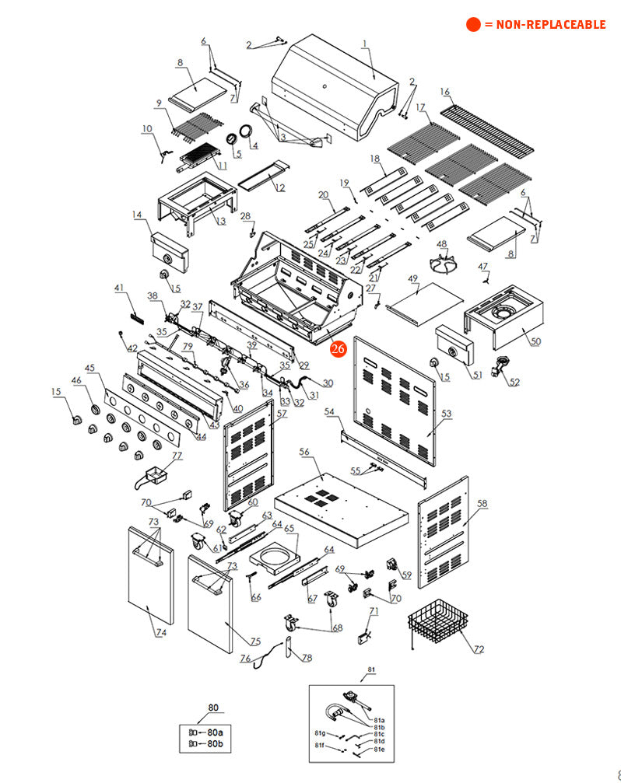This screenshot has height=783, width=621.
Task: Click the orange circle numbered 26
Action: pyautogui.click(x=338, y=349)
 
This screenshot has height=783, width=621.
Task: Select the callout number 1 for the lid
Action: pyautogui.click(x=364, y=44)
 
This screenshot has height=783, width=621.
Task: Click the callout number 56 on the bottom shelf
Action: pyautogui.click(x=304, y=452)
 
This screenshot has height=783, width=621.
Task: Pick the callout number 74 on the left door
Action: pyautogui.click(x=160, y=633)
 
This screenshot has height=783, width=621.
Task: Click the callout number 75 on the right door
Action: pyautogui.click(x=255, y=641)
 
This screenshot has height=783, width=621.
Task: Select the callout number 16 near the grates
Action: pyautogui.click(x=445, y=92)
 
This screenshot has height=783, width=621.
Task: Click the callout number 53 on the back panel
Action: pyautogui.click(x=446, y=414)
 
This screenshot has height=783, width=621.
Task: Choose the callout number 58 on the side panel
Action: pyautogui.click(x=482, y=504)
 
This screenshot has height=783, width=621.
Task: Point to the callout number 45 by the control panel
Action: pyautogui.click(x=89, y=368)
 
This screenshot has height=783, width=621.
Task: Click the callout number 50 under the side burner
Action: pyautogui.click(x=536, y=341)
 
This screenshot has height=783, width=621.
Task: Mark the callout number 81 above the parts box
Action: pyautogui.click(x=371, y=669)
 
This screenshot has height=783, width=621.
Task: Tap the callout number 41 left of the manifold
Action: pyautogui.click(x=119, y=288)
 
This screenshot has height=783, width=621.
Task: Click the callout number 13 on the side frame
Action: pyautogui.click(x=220, y=221)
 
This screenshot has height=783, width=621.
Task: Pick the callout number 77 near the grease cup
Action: pyautogui.click(x=177, y=456)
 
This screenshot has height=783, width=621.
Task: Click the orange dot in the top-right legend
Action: pyautogui.click(x=473, y=24)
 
